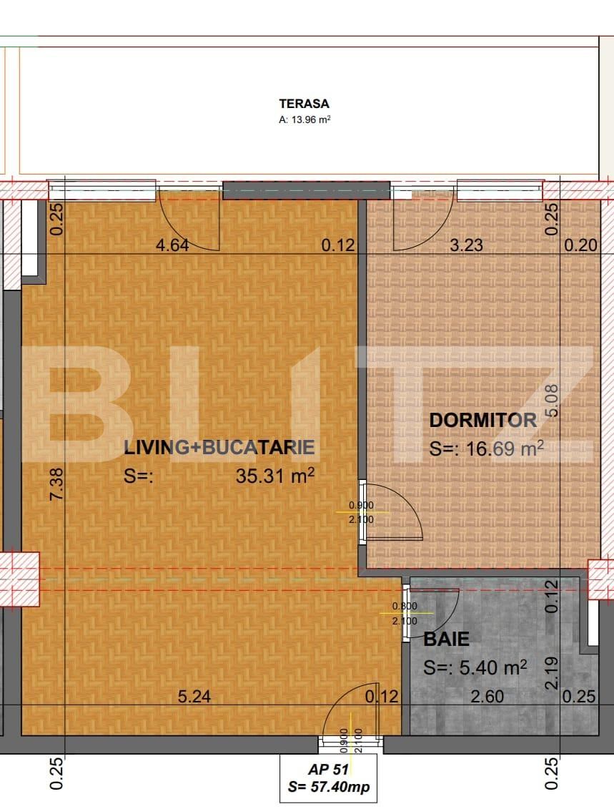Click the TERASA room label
click(x=304, y=104)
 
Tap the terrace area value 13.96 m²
click(x=304, y=121)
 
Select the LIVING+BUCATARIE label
click(x=219, y=448)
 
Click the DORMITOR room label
click(x=482, y=421)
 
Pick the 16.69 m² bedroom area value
click(x=487, y=448)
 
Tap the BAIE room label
click(x=447, y=639)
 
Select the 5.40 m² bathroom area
click(x=475, y=667)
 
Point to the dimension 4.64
click(x=172, y=246)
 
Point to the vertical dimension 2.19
click(x=551, y=673)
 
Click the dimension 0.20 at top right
click(x=580, y=245)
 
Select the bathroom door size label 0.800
click(x=404, y=607)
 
